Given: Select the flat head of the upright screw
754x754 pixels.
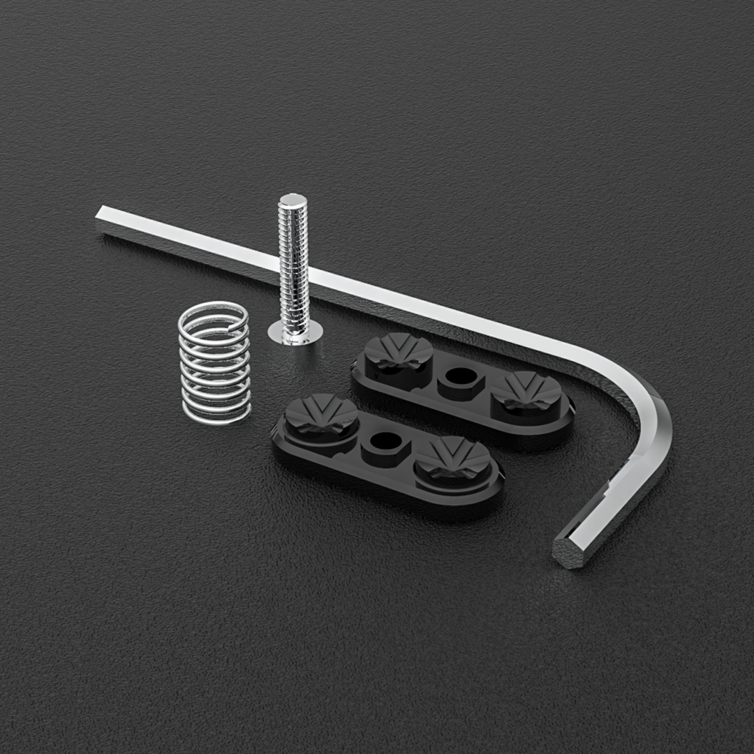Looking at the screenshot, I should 295,334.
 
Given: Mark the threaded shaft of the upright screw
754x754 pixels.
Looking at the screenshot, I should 293,265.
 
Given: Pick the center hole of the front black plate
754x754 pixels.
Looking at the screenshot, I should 383,441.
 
